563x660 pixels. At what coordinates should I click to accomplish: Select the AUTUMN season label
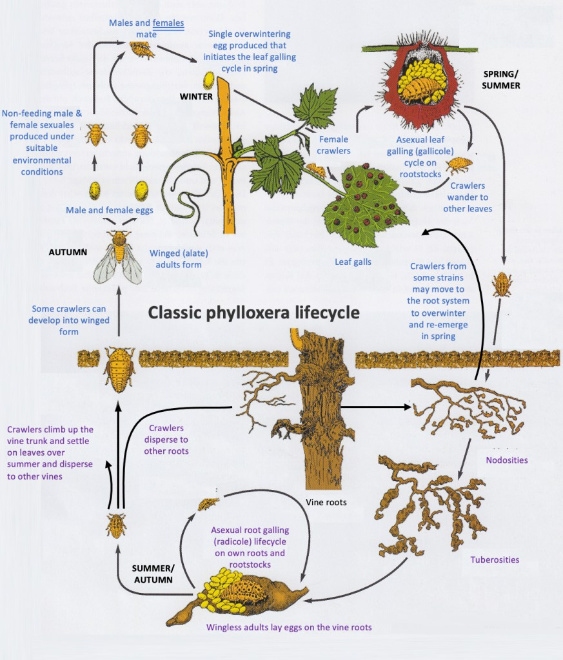pos(68,252)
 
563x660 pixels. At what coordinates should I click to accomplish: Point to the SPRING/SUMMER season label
pos(501,79)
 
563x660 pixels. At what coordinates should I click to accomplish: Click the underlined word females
pos(168,23)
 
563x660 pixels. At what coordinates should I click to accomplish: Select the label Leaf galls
pos(353,262)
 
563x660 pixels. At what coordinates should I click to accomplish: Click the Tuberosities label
pos(495,559)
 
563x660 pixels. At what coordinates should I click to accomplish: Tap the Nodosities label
pos(507,460)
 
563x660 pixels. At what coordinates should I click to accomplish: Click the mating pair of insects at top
pos(142,49)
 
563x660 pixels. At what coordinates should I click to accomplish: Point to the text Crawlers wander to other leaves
pos(469,197)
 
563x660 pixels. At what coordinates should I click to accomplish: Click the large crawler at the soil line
pos(119,369)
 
